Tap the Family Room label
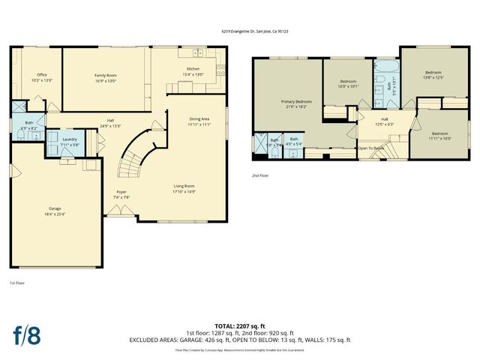pos(106,77)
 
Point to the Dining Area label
pos(199,121)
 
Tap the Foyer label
pos(121,194)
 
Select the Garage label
pos(55,211)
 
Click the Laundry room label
pos(70,142)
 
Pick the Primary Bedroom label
pos(296,103)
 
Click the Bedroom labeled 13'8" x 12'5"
pos(429,74)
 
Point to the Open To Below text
pos(371,148)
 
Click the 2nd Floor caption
pos(260,175)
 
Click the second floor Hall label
pos(384,121)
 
